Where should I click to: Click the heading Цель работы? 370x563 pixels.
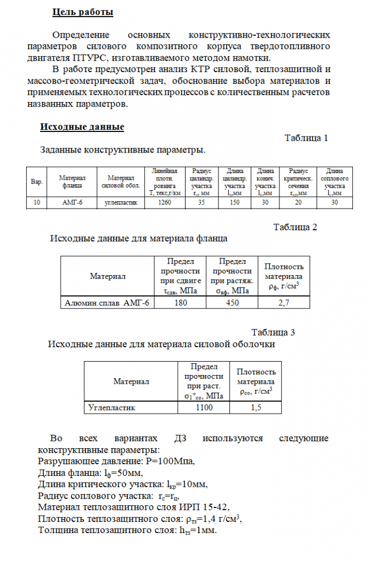[83, 12]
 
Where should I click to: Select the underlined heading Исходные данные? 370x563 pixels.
[82, 127]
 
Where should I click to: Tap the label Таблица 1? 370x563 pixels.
[306, 138]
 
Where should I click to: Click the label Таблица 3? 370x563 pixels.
[273, 332]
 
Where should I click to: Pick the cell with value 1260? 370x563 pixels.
[164, 203]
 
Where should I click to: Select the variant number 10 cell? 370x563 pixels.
[37, 203]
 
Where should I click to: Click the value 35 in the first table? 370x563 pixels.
[201, 203]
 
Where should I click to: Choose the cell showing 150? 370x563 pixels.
[234, 203]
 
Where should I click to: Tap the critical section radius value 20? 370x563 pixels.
[299, 203]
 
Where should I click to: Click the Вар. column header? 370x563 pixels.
[37, 182]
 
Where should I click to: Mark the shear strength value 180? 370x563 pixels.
[180, 303]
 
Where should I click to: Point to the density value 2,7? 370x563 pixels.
[283, 303]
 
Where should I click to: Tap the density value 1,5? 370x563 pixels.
[256, 408]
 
